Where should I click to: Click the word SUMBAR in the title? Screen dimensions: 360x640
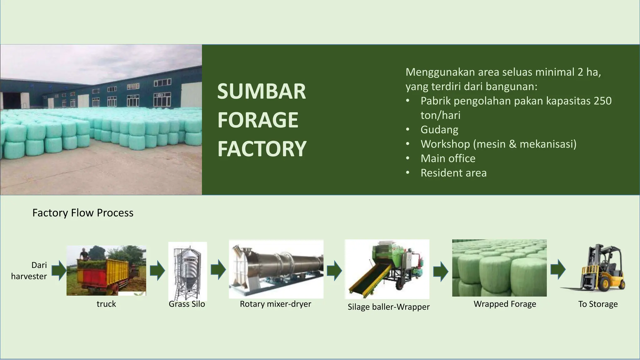coord(261,92)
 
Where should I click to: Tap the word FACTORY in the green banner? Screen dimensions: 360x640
coord(262,149)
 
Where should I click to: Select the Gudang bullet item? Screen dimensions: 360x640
coord(439,129)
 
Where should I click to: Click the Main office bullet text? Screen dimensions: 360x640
coord(447,158)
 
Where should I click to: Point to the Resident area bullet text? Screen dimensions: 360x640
coord(453,173)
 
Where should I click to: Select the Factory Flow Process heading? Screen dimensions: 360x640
coord(83,213)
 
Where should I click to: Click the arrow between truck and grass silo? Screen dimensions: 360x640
coord(157,271)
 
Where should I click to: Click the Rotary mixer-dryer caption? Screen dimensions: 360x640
coord(275,304)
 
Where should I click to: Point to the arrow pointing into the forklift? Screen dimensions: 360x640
coord(558,269)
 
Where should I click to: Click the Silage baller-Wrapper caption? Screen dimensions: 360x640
coord(388,307)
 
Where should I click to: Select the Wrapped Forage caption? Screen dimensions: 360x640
coord(505,304)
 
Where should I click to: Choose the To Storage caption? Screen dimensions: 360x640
coord(598,304)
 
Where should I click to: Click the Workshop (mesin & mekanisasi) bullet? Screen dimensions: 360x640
coord(498,144)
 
